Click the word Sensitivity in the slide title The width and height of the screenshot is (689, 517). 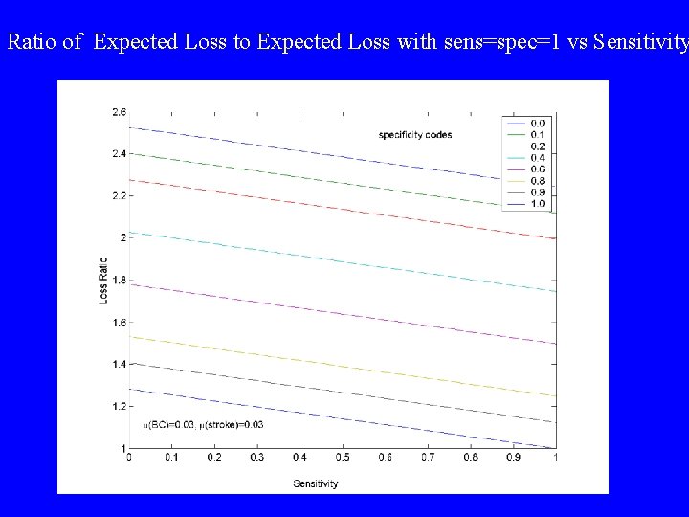click(640, 42)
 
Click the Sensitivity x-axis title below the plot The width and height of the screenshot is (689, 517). click(315, 483)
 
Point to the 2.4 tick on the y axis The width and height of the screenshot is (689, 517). click(118, 154)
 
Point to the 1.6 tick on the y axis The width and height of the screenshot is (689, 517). click(118, 323)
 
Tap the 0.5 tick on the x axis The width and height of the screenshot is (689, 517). click(342, 459)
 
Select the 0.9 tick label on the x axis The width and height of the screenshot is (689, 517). click(513, 459)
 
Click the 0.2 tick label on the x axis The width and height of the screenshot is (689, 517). click(213, 459)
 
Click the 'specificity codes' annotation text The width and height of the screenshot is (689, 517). click(415, 135)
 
